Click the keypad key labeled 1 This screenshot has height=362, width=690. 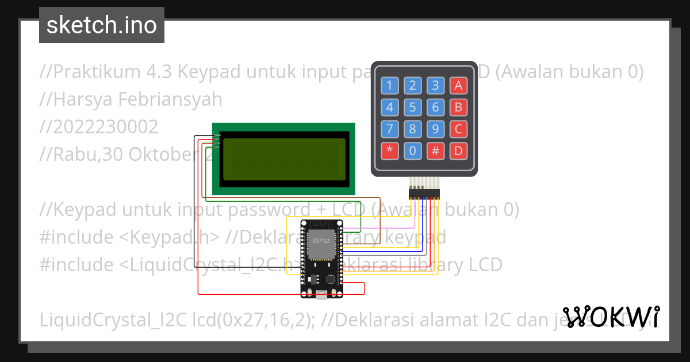point(390,86)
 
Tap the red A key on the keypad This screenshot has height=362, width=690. point(458,86)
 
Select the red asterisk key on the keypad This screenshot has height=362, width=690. point(390,151)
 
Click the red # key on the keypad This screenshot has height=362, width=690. point(435,151)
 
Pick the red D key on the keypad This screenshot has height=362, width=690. point(458,151)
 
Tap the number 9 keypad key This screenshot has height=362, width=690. point(435,129)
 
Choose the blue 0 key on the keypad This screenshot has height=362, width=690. point(412,151)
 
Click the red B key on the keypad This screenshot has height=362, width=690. point(458,107)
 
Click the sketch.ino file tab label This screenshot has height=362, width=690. point(102,25)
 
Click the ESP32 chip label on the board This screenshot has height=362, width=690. point(321,241)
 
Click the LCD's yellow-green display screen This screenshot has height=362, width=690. point(284,159)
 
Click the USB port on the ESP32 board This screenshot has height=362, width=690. point(321,295)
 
